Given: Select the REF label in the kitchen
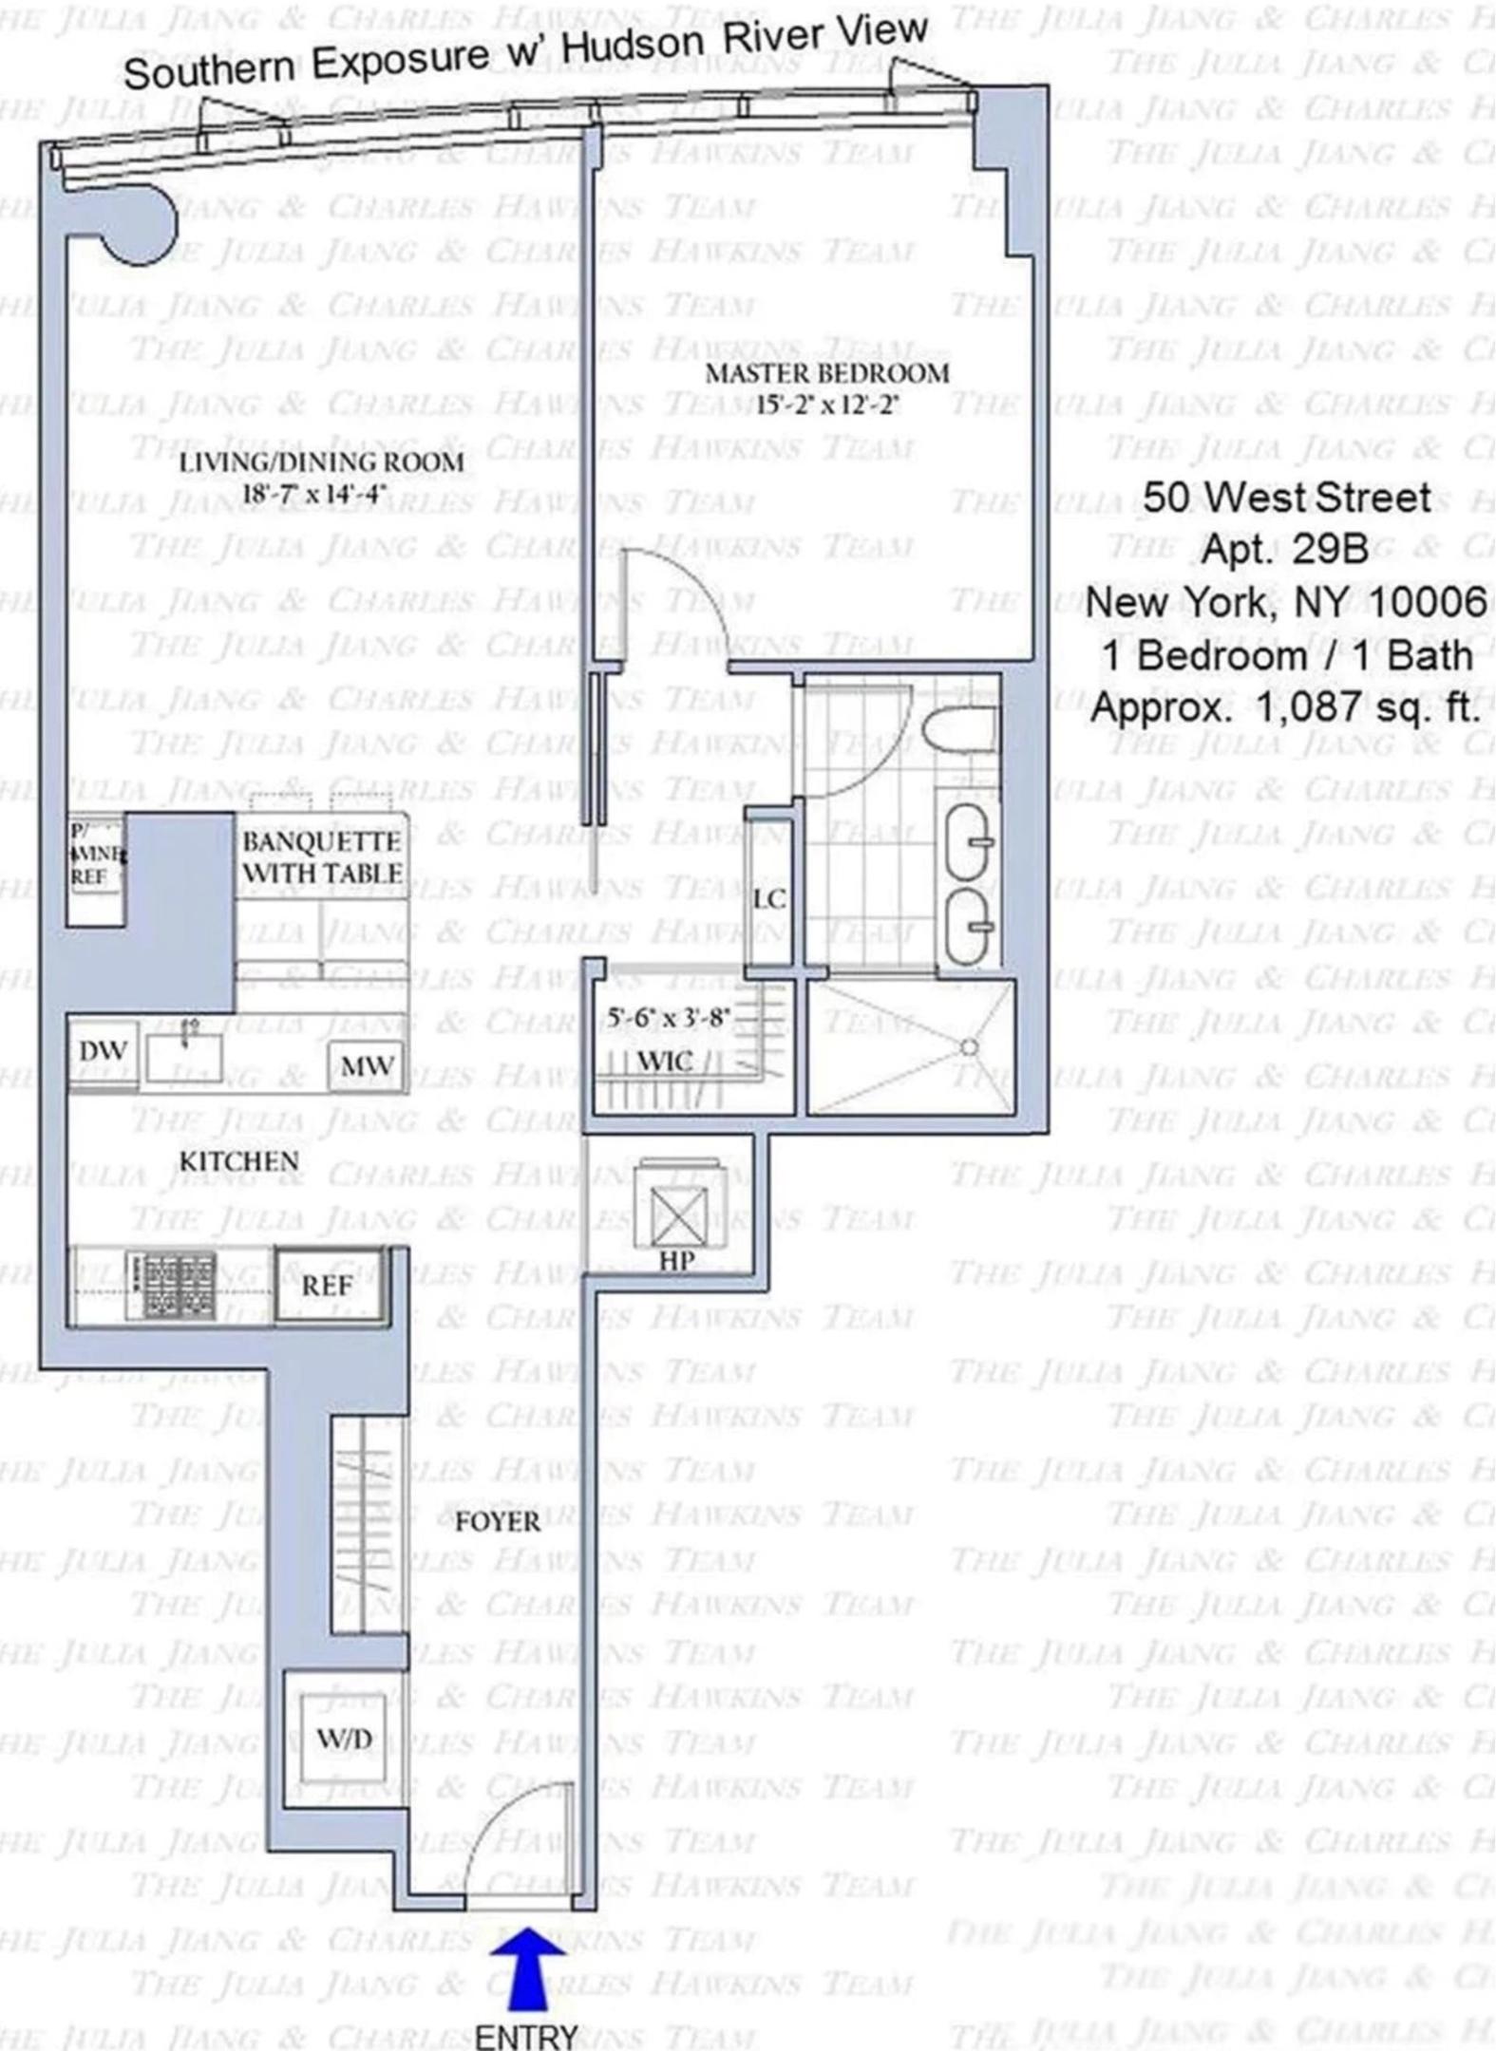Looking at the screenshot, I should click(x=327, y=1287).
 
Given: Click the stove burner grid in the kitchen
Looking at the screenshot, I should click(x=180, y=1286).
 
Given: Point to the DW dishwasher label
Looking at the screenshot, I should click(x=103, y=1052).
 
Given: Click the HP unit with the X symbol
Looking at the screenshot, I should click(x=677, y=1216).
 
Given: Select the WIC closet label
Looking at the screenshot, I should click(x=664, y=1061).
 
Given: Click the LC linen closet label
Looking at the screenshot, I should click(x=768, y=898).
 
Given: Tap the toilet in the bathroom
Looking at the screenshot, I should click(x=959, y=729).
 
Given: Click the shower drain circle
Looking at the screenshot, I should click(x=968, y=1048).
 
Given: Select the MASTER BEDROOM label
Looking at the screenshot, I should click(x=826, y=373).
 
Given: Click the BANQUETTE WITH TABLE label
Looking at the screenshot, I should click(x=322, y=857).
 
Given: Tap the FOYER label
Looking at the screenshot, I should click(x=497, y=1523).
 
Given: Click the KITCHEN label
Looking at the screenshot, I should click(x=239, y=1161).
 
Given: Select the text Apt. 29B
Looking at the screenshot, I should click(x=1284, y=549).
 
